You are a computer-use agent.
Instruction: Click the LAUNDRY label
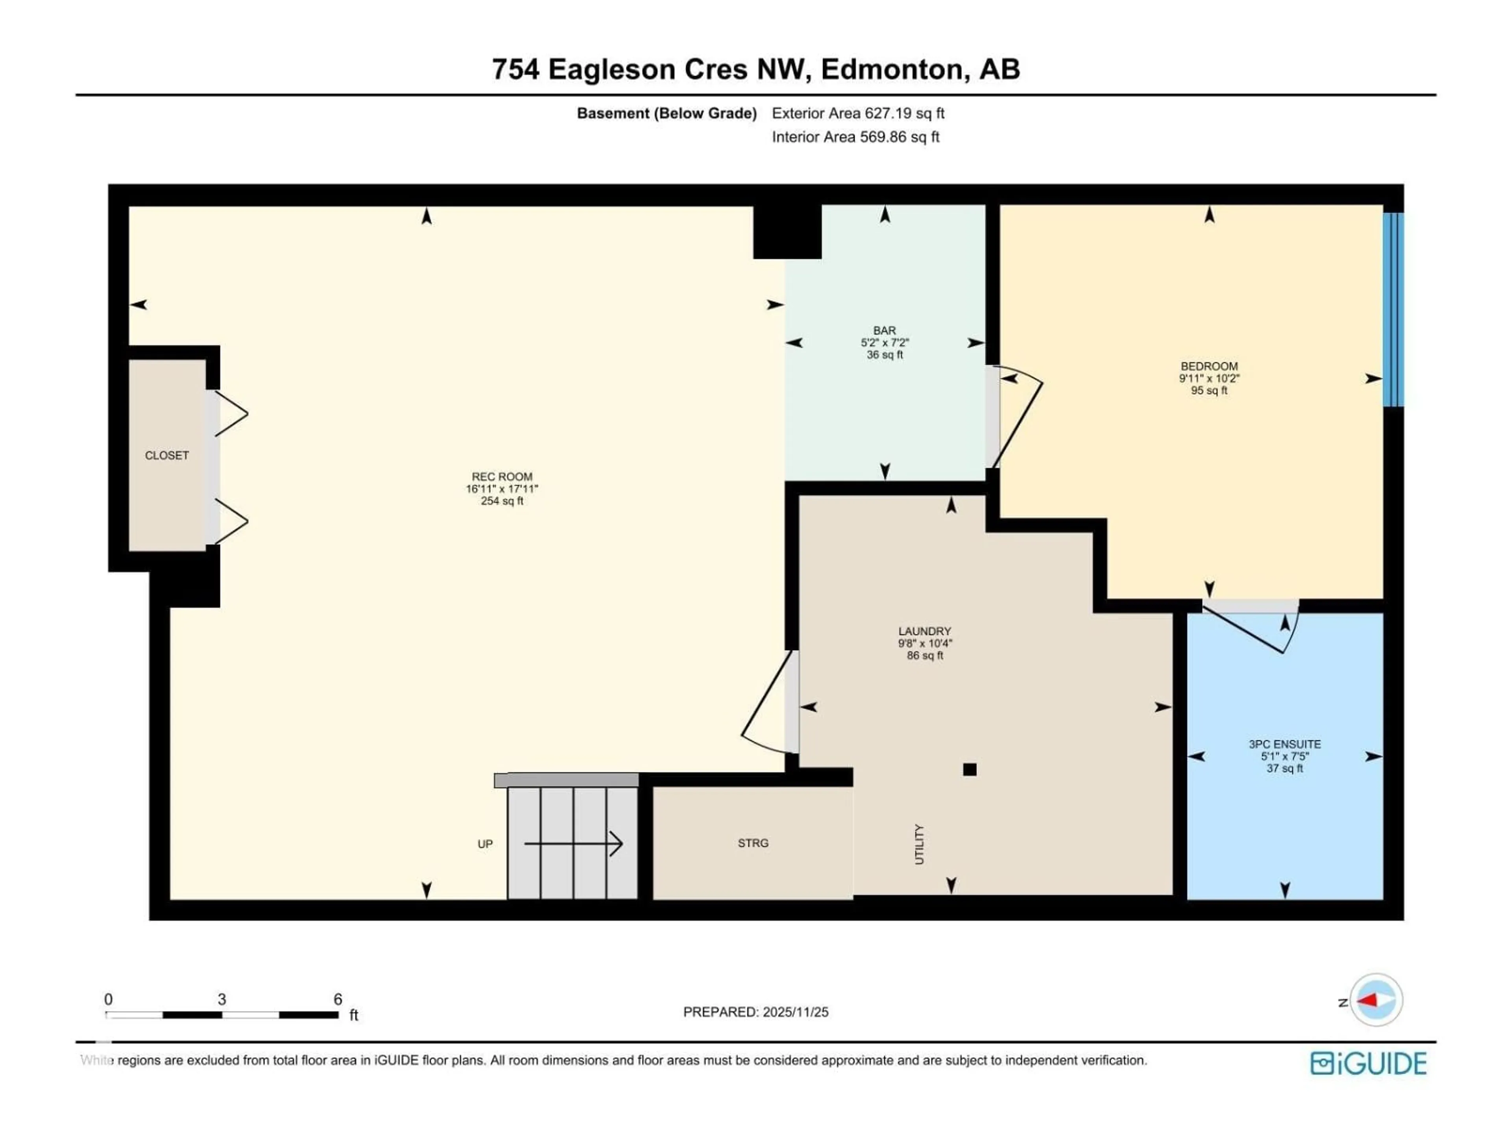coord(924,631)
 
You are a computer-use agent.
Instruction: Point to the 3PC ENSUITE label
coord(1284,744)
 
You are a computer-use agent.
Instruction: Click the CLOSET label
coord(167,455)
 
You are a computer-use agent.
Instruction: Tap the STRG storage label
coord(753,843)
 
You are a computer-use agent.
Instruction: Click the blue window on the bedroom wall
coord(1393,309)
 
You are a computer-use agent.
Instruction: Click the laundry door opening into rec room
coord(768,704)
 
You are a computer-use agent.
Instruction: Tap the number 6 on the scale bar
coord(338,999)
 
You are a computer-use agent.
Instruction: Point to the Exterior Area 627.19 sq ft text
coord(858,113)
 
